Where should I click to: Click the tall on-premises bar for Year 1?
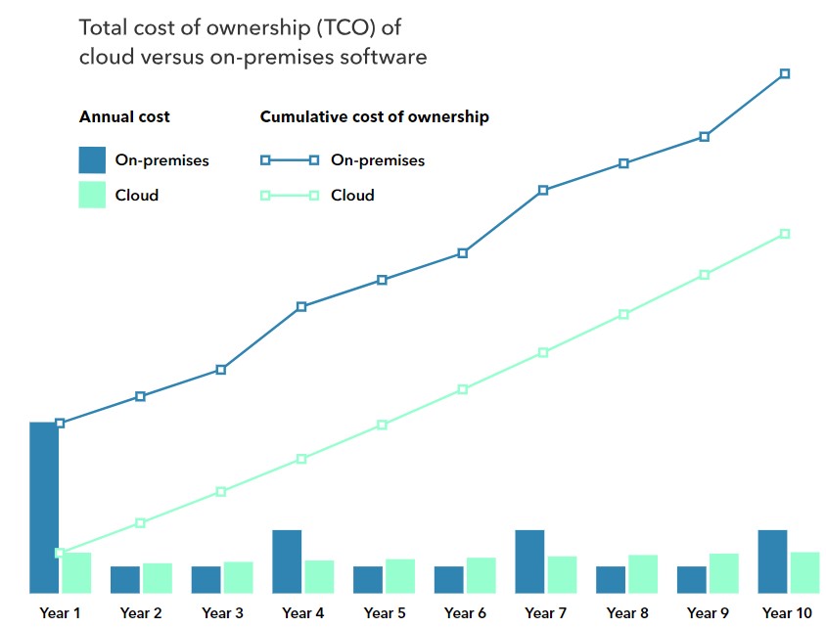pyautogui.click(x=44, y=507)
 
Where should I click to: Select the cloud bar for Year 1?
pyautogui.click(x=76, y=572)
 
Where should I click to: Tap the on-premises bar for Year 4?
pyautogui.click(x=287, y=561)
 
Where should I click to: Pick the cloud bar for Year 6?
pyautogui.click(x=481, y=574)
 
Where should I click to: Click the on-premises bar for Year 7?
pyautogui.click(x=529, y=561)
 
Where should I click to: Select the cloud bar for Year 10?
pyautogui.click(x=804, y=572)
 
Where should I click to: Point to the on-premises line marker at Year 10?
pyautogui.click(x=785, y=73)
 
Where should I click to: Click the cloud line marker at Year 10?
pyautogui.click(x=785, y=234)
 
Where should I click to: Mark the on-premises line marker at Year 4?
pyautogui.click(x=301, y=306)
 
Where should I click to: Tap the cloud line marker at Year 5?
pyautogui.click(x=383, y=425)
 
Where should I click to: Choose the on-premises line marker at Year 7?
pyautogui.click(x=543, y=190)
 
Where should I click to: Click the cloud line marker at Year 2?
pyautogui.click(x=141, y=522)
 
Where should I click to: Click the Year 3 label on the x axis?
pyautogui.click(x=222, y=613)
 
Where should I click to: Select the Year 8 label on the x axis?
pyautogui.click(x=627, y=613)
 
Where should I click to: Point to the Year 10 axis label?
pyautogui.click(x=787, y=613)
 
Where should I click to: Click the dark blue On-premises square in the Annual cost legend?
pyautogui.click(x=92, y=159)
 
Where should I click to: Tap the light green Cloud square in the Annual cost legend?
pyautogui.click(x=92, y=195)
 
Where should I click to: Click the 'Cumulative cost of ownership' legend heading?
pyautogui.click(x=374, y=117)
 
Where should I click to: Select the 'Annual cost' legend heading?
pyautogui.click(x=124, y=117)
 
